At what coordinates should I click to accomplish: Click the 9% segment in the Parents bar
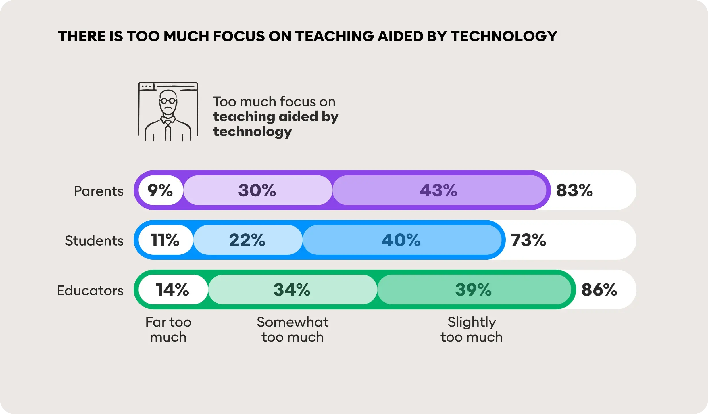tap(160, 190)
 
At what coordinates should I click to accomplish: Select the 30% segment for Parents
tap(257, 190)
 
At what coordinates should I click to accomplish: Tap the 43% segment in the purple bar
tap(438, 190)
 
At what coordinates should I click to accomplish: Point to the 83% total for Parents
tap(574, 190)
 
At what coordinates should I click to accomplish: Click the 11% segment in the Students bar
tap(165, 240)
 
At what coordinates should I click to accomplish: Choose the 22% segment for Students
tap(247, 240)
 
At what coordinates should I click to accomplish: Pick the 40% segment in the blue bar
tap(401, 240)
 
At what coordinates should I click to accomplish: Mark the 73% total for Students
tap(528, 240)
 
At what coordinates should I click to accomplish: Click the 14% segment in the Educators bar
tap(172, 290)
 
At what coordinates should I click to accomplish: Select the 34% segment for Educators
tap(292, 290)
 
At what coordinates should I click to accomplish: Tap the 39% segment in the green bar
tap(474, 290)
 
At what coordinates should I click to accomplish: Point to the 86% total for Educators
tap(599, 290)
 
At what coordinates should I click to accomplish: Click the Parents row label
tap(99, 191)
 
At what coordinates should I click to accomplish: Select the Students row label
tap(94, 241)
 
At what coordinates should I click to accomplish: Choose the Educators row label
tap(90, 290)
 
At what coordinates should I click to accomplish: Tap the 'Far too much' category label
tap(168, 329)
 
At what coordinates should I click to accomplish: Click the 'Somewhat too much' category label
tap(293, 329)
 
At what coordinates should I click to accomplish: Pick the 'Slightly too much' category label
tap(472, 329)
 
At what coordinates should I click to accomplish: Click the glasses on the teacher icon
tap(168, 101)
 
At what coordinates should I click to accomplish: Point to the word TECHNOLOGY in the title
tap(504, 36)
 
